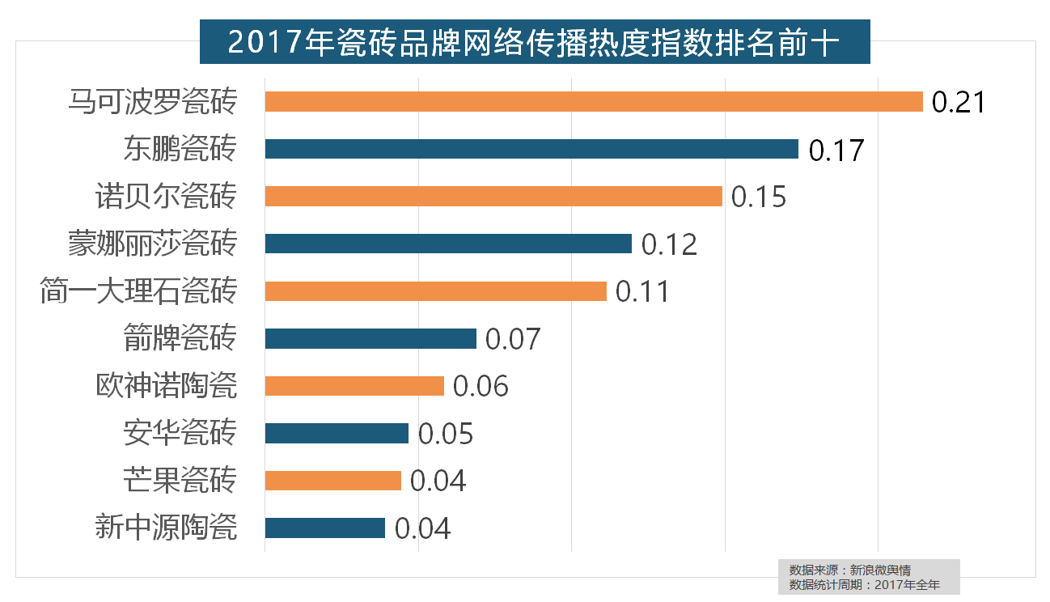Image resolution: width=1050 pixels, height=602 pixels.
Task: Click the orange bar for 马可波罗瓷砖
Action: pyautogui.click(x=593, y=102)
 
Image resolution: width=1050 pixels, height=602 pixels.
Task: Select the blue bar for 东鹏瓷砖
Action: pyautogui.click(x=531, y=149)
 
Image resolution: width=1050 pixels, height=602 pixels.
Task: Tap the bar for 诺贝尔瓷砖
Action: pyautogui.click(x=493, y=197)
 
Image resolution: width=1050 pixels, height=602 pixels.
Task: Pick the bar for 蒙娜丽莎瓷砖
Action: pyautogui.click(x=447, y=244)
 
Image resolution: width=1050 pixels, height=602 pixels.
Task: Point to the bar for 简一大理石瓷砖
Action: pyautogui.click(x=435, y=291)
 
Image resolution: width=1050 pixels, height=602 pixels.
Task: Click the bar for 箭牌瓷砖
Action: pyautogui.click(x=370, y=338)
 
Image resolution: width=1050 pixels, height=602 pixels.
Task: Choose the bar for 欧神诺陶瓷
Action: pyautogui.click(x=354, y=386)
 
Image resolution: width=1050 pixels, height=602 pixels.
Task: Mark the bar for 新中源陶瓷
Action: pyautogui.click(x=324, y=528)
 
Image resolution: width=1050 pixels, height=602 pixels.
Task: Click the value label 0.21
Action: pyautogui.click(x=959, y=103)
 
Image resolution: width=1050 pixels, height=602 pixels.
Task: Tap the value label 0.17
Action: pyautogui.click(x=836, y=150)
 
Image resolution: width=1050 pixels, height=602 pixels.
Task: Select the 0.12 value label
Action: pyautogui.click(x=669, y=244)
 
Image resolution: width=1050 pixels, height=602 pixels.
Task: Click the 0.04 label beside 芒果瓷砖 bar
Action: pyautogui.click(x=438, y=481)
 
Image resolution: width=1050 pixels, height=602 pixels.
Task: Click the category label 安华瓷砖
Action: pyautogui.click(x=180, y=433)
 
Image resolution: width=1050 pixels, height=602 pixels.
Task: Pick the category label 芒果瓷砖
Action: pyautogui.click(x=180, y=481)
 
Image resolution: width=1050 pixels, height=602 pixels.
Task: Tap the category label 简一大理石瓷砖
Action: pyautogui.click(x=138, y=291)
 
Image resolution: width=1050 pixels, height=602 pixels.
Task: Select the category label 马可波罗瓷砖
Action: pyautogui.click(x=152, y=102)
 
